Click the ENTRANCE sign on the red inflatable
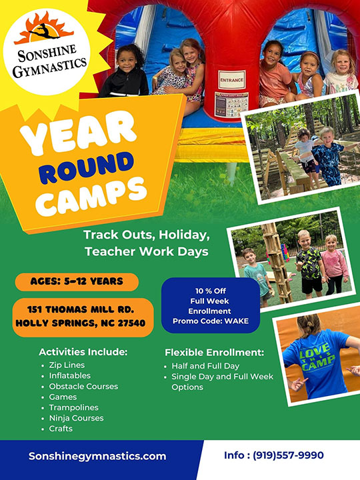(232, 80)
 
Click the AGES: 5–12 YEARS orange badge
(77, 281)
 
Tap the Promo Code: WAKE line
(211, 321)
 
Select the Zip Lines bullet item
(67, 365)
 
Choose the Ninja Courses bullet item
(76, 418)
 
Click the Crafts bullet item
(61, 429)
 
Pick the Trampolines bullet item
(74, 407)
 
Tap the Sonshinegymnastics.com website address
(97, 456)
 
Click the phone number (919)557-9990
(288, 455)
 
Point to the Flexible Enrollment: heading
(214, 353)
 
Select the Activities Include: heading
(83, 352)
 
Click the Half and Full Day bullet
(205, 366)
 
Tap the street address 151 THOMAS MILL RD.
(81, 309)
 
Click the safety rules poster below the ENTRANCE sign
(231, 105)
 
